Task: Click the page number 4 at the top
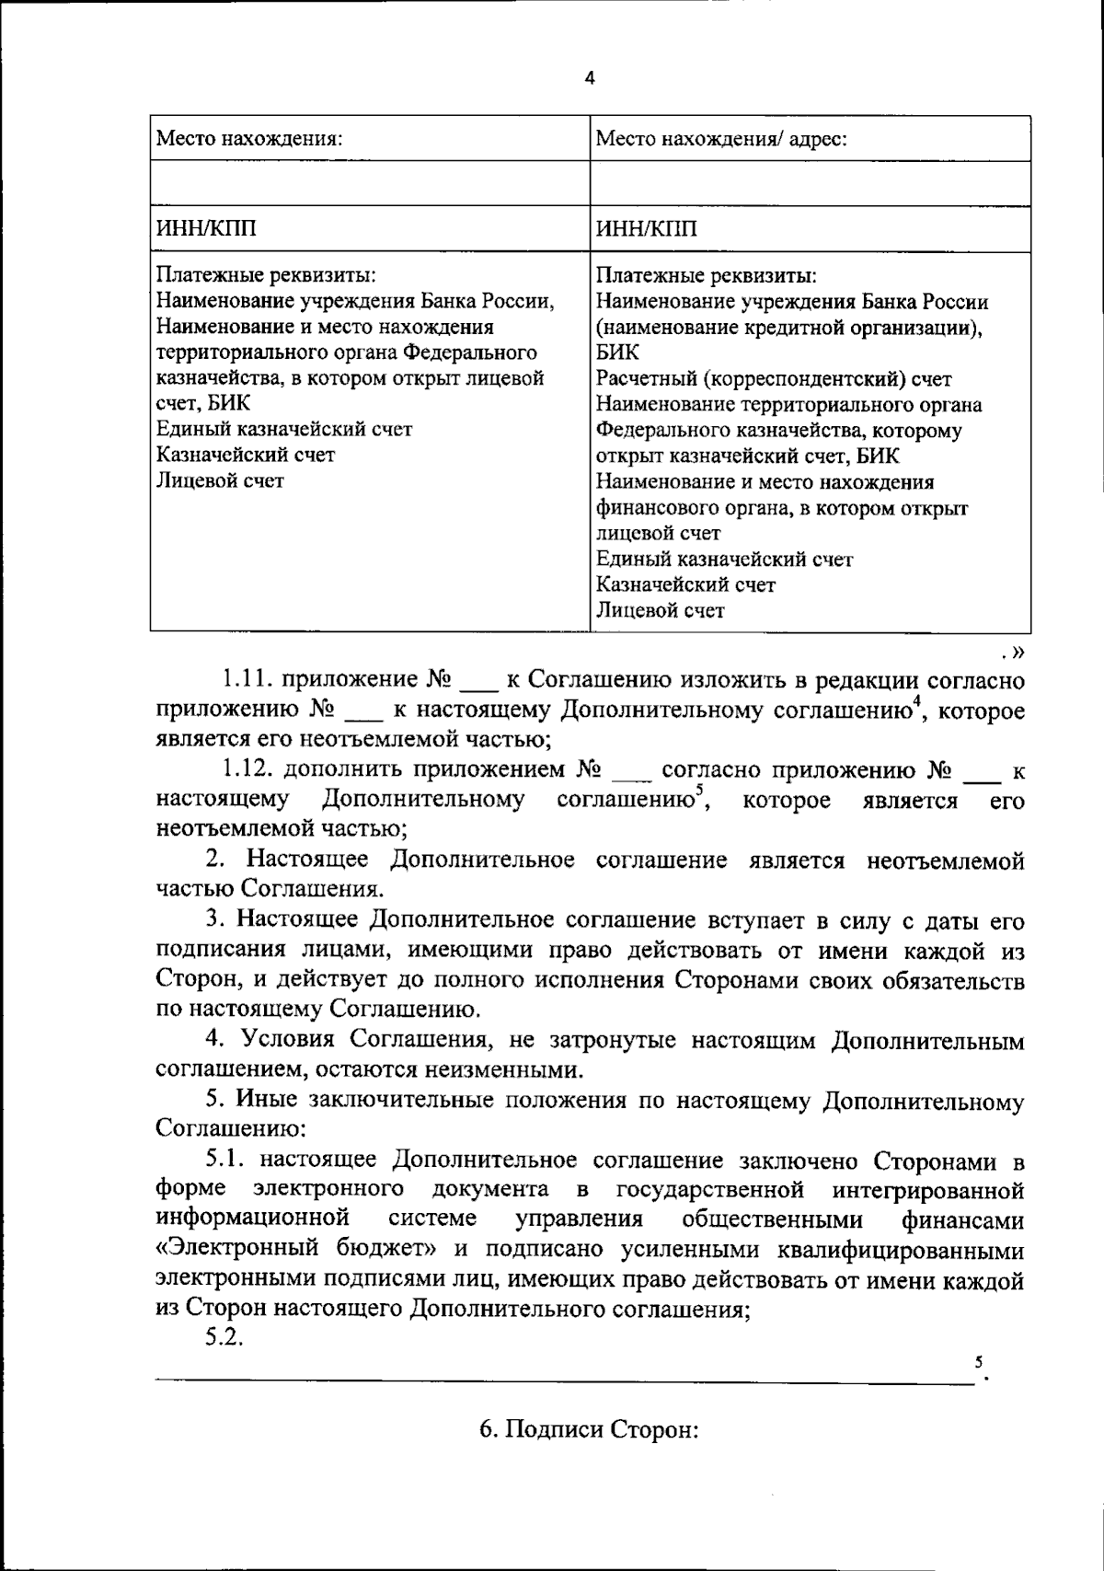point(590,79)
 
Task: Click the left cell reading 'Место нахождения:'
point(249,139)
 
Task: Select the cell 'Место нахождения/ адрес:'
point(721,139)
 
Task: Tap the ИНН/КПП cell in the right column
point(647,229)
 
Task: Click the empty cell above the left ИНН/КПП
point(369,183)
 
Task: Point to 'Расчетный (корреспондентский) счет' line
point(774,378)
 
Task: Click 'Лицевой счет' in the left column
point(220,480)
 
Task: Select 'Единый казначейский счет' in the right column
point(724,559)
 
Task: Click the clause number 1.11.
point(246,680)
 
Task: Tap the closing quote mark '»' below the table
point(1018,652)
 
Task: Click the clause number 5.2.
point(224,1337)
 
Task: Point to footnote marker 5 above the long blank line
point(979,1360)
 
